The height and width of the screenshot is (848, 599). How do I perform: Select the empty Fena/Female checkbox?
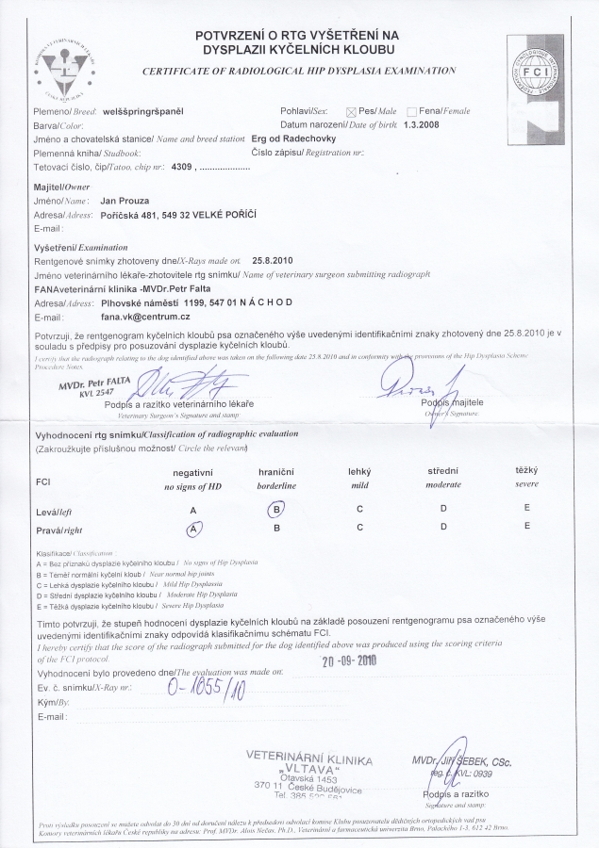point(411,111)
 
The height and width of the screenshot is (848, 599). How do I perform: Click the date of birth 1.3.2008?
point(422,124)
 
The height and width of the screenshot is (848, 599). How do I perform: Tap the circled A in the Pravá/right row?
point(192,529)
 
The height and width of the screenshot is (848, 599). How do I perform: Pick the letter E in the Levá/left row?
point(525,510)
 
